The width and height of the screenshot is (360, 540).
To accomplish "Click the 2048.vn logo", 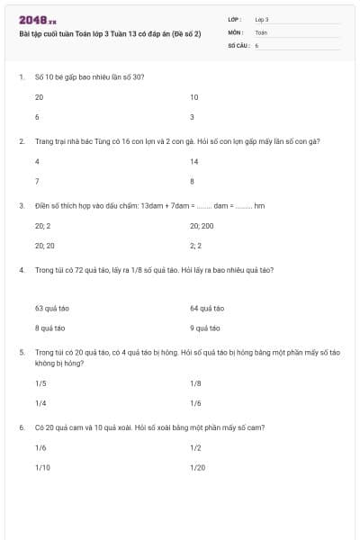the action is (x=38, y=20).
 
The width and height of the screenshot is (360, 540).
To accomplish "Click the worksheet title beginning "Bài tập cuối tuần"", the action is (x=110, y=33).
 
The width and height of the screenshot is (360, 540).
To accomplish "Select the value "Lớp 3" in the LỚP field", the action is (x=262, y=19).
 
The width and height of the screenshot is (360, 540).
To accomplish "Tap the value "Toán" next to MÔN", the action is (x=261, y=31).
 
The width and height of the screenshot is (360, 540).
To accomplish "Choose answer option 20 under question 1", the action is (x=39, y=97).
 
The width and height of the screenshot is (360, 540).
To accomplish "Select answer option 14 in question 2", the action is (x=194, y=161).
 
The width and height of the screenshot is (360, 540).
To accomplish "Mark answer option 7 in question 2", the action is (x=37, y=181).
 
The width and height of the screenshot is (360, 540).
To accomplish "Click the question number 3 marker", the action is (x=21, y=205).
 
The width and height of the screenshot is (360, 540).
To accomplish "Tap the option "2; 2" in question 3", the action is (x=195, y=245).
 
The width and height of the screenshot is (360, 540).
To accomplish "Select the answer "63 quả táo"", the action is (x=51, y=308).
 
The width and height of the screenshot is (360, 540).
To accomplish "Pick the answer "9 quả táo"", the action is (x=206, y=328).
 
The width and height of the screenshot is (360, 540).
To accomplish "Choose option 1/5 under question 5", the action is (x=40, y=382).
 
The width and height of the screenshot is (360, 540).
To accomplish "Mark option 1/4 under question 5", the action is (x=40, y=403).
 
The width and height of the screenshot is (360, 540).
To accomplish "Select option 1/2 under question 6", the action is (x=195, y=447).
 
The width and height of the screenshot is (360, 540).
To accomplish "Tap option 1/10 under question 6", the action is (x=41, y=467).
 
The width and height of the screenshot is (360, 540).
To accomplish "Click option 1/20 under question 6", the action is (x=197, y=467).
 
